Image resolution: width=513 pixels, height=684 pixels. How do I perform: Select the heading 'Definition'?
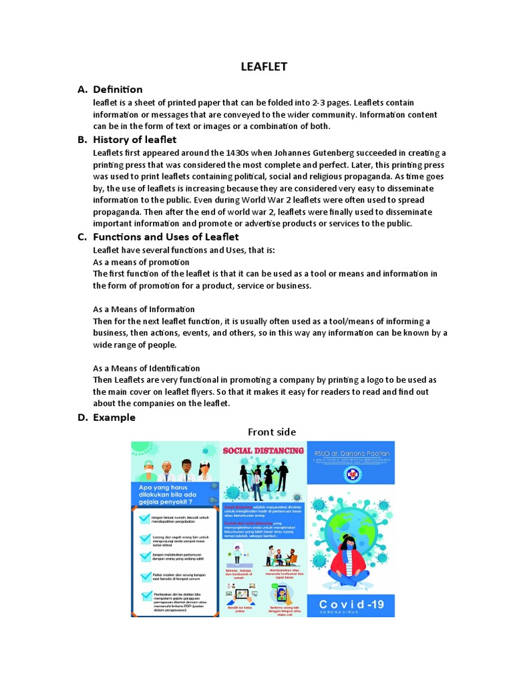118,90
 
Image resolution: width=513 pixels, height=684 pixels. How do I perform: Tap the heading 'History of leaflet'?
134,140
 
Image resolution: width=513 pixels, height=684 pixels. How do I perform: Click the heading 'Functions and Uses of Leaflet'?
166,236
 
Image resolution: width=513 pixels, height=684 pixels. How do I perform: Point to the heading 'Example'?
114,417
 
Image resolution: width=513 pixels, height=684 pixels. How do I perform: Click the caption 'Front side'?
272,432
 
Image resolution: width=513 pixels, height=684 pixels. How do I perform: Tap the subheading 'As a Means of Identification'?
146,368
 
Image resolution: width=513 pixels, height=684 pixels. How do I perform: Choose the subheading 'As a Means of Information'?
144,309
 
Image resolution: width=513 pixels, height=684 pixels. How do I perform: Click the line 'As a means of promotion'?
141,262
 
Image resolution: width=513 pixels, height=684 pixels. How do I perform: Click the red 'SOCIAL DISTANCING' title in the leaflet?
263,451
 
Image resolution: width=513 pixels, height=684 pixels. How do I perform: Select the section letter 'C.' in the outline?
82,237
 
